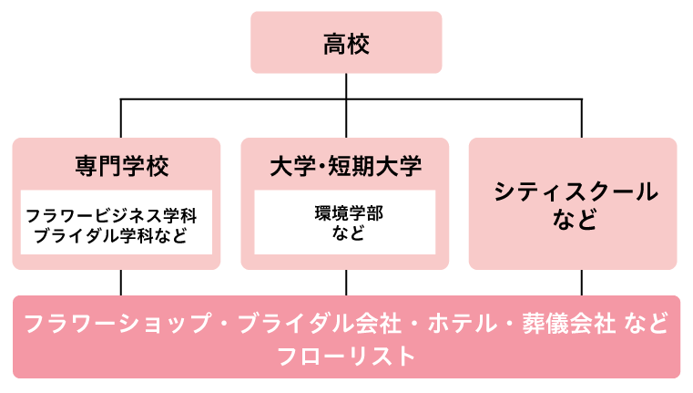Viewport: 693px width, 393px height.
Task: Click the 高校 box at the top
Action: [x=346, y=42]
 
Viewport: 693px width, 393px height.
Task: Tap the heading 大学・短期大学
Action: [x=346, y=167]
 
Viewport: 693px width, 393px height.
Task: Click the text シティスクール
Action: [x=575, y=192]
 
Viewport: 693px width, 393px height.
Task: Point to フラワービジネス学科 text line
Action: [x=111, y=217]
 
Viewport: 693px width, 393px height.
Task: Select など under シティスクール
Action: [x=575, y=220]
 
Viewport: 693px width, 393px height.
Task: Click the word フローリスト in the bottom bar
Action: [x=346, y=356]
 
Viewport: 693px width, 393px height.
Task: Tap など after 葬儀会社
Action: [x=647, y=325]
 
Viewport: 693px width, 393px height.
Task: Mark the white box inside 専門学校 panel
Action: [x=117, y=222]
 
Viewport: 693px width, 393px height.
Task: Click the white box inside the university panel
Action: [x=344, y=222]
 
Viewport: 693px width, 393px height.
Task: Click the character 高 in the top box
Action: [x=334, y=43]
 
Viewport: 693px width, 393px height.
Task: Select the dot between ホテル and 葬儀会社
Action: [x=505, y=325]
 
